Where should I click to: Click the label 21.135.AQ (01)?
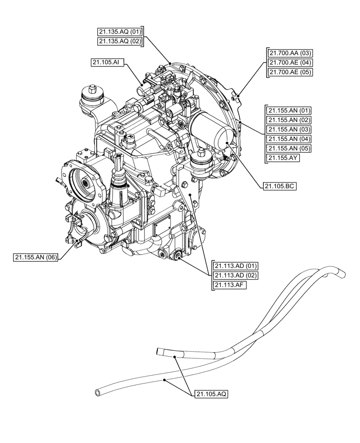coord(120,32)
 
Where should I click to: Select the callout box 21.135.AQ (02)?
coord(120,41)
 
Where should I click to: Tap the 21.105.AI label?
coord(106,63)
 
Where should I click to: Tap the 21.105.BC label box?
coord(279,187)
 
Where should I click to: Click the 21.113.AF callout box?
coord(229,285)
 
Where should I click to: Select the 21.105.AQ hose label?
coord(211,393)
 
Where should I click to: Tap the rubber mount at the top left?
coord(92,98)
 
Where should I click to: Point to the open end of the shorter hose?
coord(159,352)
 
